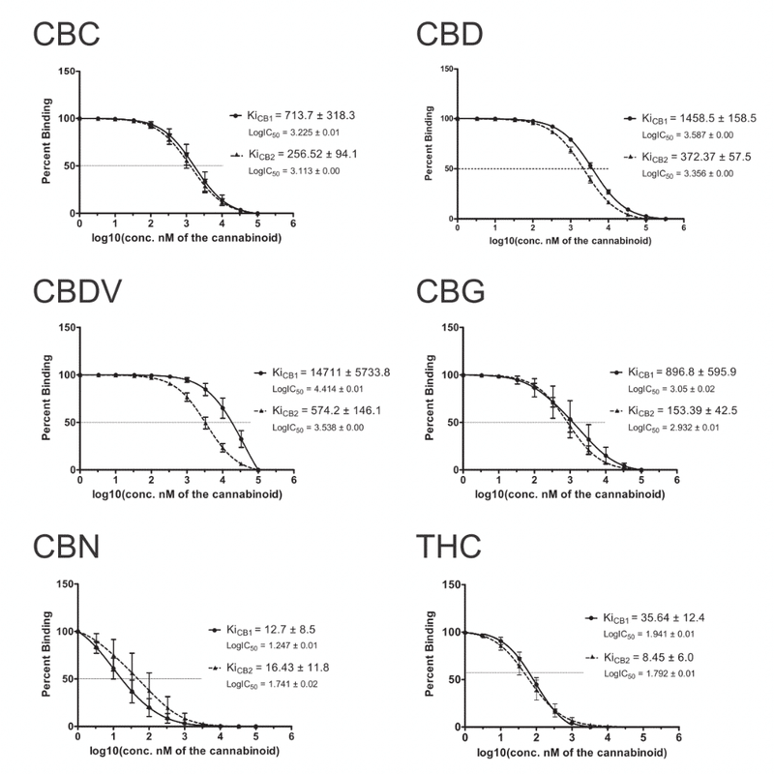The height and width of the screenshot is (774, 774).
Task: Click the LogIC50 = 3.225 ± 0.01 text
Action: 294,132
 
